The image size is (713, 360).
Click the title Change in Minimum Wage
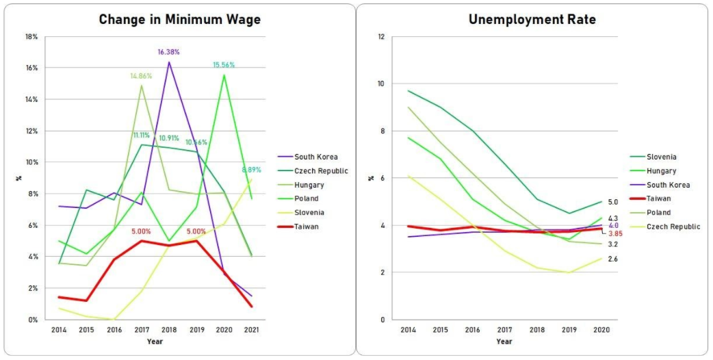(179, 19)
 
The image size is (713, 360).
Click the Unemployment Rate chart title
(532, 19)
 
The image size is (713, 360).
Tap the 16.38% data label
(169, 51)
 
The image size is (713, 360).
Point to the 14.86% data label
(141, 76)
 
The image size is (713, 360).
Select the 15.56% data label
(223, 65)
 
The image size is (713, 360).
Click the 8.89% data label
(251, 170)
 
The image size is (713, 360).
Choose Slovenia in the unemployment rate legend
(661, 157)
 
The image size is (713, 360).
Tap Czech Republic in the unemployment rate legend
(673, 227)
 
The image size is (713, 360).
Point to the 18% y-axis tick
(32, 36)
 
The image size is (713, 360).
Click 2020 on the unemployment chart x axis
(601, 329)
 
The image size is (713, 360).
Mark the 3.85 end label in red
(615, 233)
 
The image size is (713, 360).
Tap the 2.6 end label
(613, 259)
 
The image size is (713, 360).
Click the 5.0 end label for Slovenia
(613, 202)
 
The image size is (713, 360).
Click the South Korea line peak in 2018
(169, 62)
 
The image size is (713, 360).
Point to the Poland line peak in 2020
(224, 75)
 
